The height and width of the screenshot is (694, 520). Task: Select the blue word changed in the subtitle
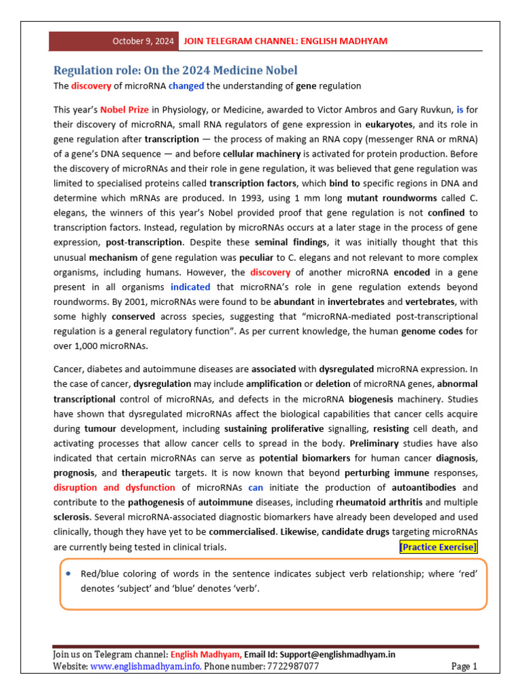186,86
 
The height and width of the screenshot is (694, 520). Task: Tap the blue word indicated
190,287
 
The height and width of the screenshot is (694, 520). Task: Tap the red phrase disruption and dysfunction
114,487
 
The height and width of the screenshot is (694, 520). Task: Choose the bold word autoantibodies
427,487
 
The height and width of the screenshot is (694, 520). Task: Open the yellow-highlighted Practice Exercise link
438,547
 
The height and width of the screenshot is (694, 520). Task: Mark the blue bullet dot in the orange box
70,574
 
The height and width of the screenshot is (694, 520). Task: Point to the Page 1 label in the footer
464,667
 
